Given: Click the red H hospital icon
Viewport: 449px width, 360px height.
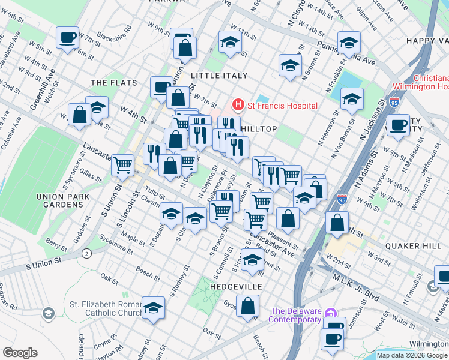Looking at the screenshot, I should click(x=238, y=106).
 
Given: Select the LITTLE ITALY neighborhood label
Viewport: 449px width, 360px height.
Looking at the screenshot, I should click(x=218, y=76).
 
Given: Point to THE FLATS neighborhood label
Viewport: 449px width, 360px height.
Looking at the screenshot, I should click(x=113, y=82).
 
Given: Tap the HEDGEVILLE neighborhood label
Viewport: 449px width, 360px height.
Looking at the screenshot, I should click(x=236, y=287).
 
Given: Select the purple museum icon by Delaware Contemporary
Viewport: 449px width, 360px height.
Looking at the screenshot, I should click(x=330, y=314).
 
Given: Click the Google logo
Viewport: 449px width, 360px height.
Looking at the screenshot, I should click(x=20, y=353).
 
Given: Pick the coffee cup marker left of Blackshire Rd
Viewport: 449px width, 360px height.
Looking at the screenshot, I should click(x=68, y=38).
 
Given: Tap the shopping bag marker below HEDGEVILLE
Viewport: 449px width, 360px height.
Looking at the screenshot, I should click(x=247, y=307).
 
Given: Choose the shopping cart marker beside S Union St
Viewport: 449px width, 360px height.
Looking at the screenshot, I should click(x=122, y=164).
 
